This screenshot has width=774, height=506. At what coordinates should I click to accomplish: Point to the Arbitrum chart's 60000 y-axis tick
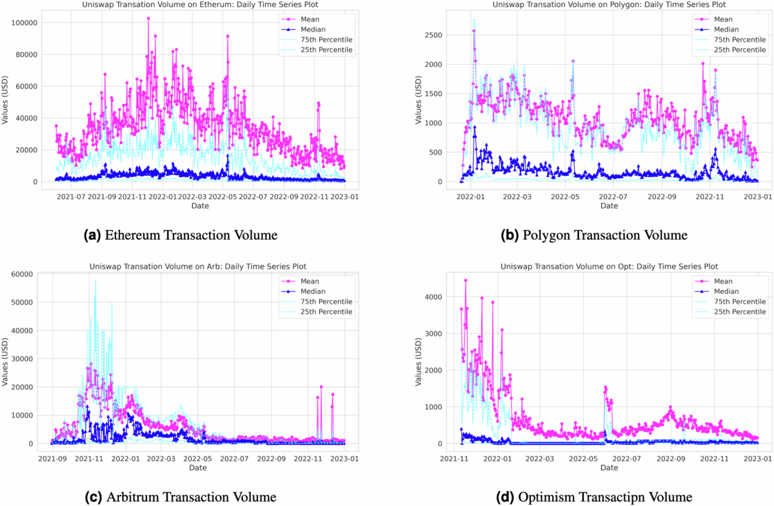tap(23, 274)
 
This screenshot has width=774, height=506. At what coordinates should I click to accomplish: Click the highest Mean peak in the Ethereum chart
tap(148, 19)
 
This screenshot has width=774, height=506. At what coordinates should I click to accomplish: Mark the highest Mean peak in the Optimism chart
tap(466, 280)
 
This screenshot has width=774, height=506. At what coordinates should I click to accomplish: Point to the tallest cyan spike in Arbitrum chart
tap(95, 280)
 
